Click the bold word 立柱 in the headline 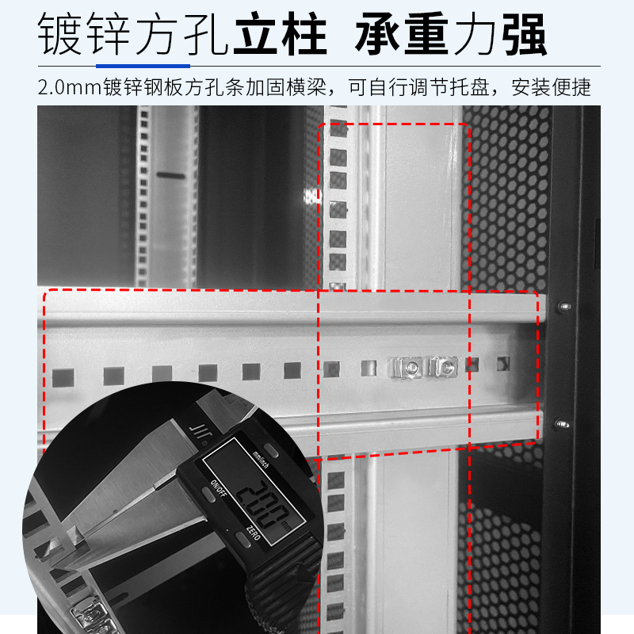(281, 33)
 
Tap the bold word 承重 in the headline (402, 33)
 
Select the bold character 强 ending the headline (525, 33)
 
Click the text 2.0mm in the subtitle (69, 87)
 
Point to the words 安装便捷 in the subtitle (551, 87)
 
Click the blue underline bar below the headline (143, 66)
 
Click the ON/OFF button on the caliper (209, 494)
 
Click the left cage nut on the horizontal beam (407, 367)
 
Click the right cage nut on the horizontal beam (443, 367)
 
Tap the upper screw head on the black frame (563, 307)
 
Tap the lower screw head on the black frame (561, 424)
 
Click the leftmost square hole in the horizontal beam (63, 378)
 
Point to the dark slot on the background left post (171, 175)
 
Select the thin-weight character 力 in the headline (475, 33)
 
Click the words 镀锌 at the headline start (84, 33)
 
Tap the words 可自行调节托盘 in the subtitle (419, 87)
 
